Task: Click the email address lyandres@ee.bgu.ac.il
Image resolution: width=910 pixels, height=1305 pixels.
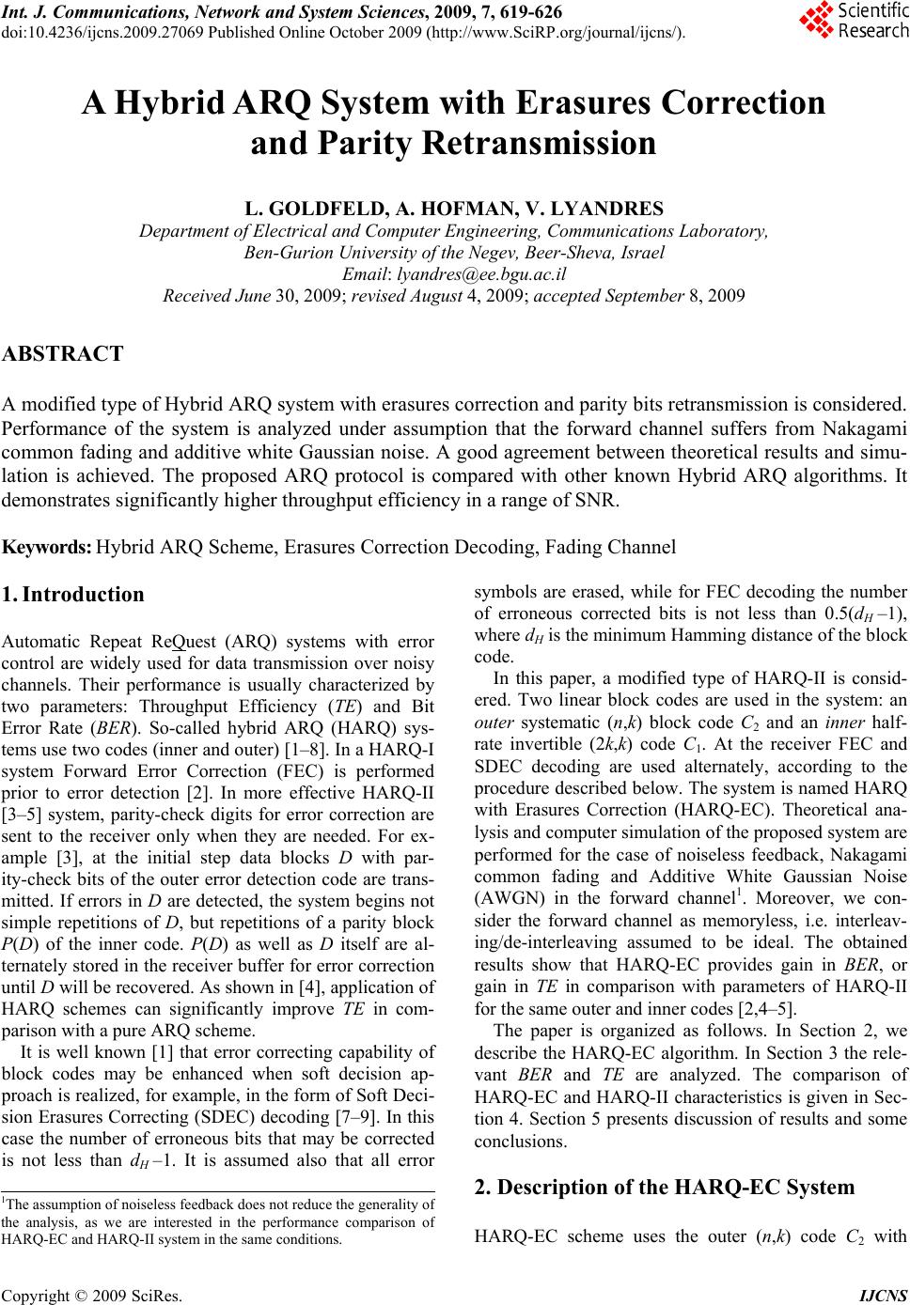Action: pos(481,274)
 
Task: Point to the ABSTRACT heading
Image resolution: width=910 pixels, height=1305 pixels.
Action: pos(63,354)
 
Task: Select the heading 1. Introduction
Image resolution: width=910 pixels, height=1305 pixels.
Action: pos(73,595)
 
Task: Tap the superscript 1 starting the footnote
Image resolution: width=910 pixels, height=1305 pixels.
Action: pos(4,1199)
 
